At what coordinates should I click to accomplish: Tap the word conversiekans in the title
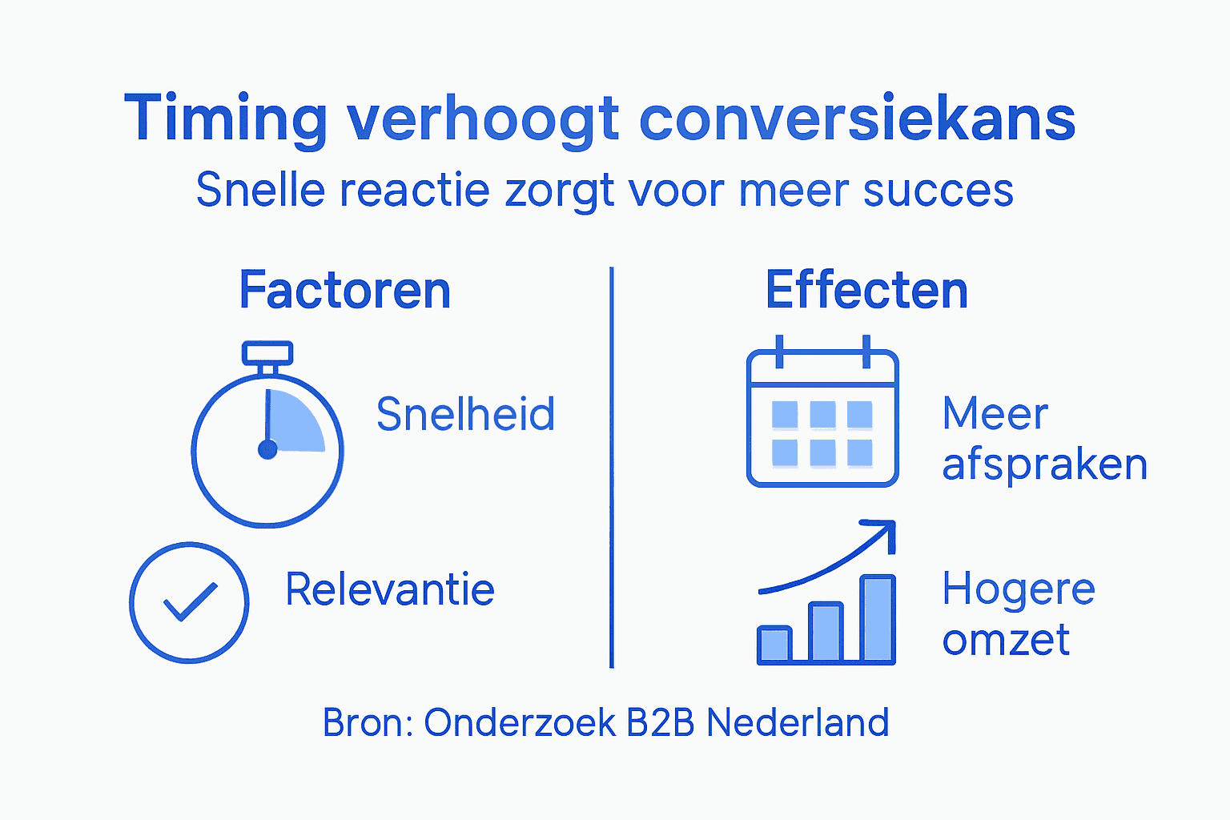tap(857, 119)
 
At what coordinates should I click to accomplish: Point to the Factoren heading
tap(345, 290)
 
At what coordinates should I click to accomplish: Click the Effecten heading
tap(866, 290)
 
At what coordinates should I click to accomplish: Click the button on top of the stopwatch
tap(267, 353)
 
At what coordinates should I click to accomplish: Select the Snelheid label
tap(465, 414)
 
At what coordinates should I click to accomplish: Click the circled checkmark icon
tap(189, 602)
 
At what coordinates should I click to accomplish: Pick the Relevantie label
tap(390, 590)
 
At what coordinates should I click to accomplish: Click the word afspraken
tap(1044, 465)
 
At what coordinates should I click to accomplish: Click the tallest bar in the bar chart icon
tap(878, 618)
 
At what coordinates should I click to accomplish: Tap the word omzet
tap(1006, 640)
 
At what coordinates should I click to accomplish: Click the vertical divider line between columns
tap(612, 468)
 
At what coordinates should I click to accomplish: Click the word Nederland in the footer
tap(798, 722)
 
